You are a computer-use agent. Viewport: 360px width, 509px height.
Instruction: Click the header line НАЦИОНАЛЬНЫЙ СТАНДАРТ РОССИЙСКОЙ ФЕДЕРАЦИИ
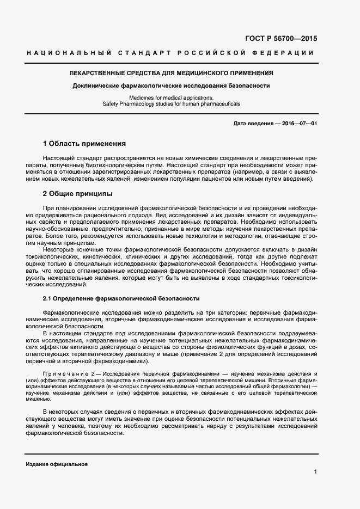click(170, 53)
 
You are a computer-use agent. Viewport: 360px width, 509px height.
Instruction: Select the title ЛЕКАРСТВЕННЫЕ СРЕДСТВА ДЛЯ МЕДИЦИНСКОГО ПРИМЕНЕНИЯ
click(170, 73)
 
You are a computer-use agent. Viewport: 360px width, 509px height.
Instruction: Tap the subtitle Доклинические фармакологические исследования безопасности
click(171, 85)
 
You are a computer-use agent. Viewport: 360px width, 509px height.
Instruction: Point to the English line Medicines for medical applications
click(171, 97)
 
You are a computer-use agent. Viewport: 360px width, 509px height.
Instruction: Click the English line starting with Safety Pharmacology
click(171, 103)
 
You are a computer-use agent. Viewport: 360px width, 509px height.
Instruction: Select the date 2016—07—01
click(300, 124)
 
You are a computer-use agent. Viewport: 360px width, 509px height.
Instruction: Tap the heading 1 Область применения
click(84, 144)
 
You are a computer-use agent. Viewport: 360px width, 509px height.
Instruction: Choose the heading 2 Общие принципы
click(77, 193)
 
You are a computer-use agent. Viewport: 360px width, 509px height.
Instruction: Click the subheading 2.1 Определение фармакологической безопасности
click(121, 299)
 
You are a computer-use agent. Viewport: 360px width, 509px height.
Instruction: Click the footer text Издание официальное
click(57, 464)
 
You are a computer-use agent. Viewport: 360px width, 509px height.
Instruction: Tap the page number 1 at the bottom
click(315, 472)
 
